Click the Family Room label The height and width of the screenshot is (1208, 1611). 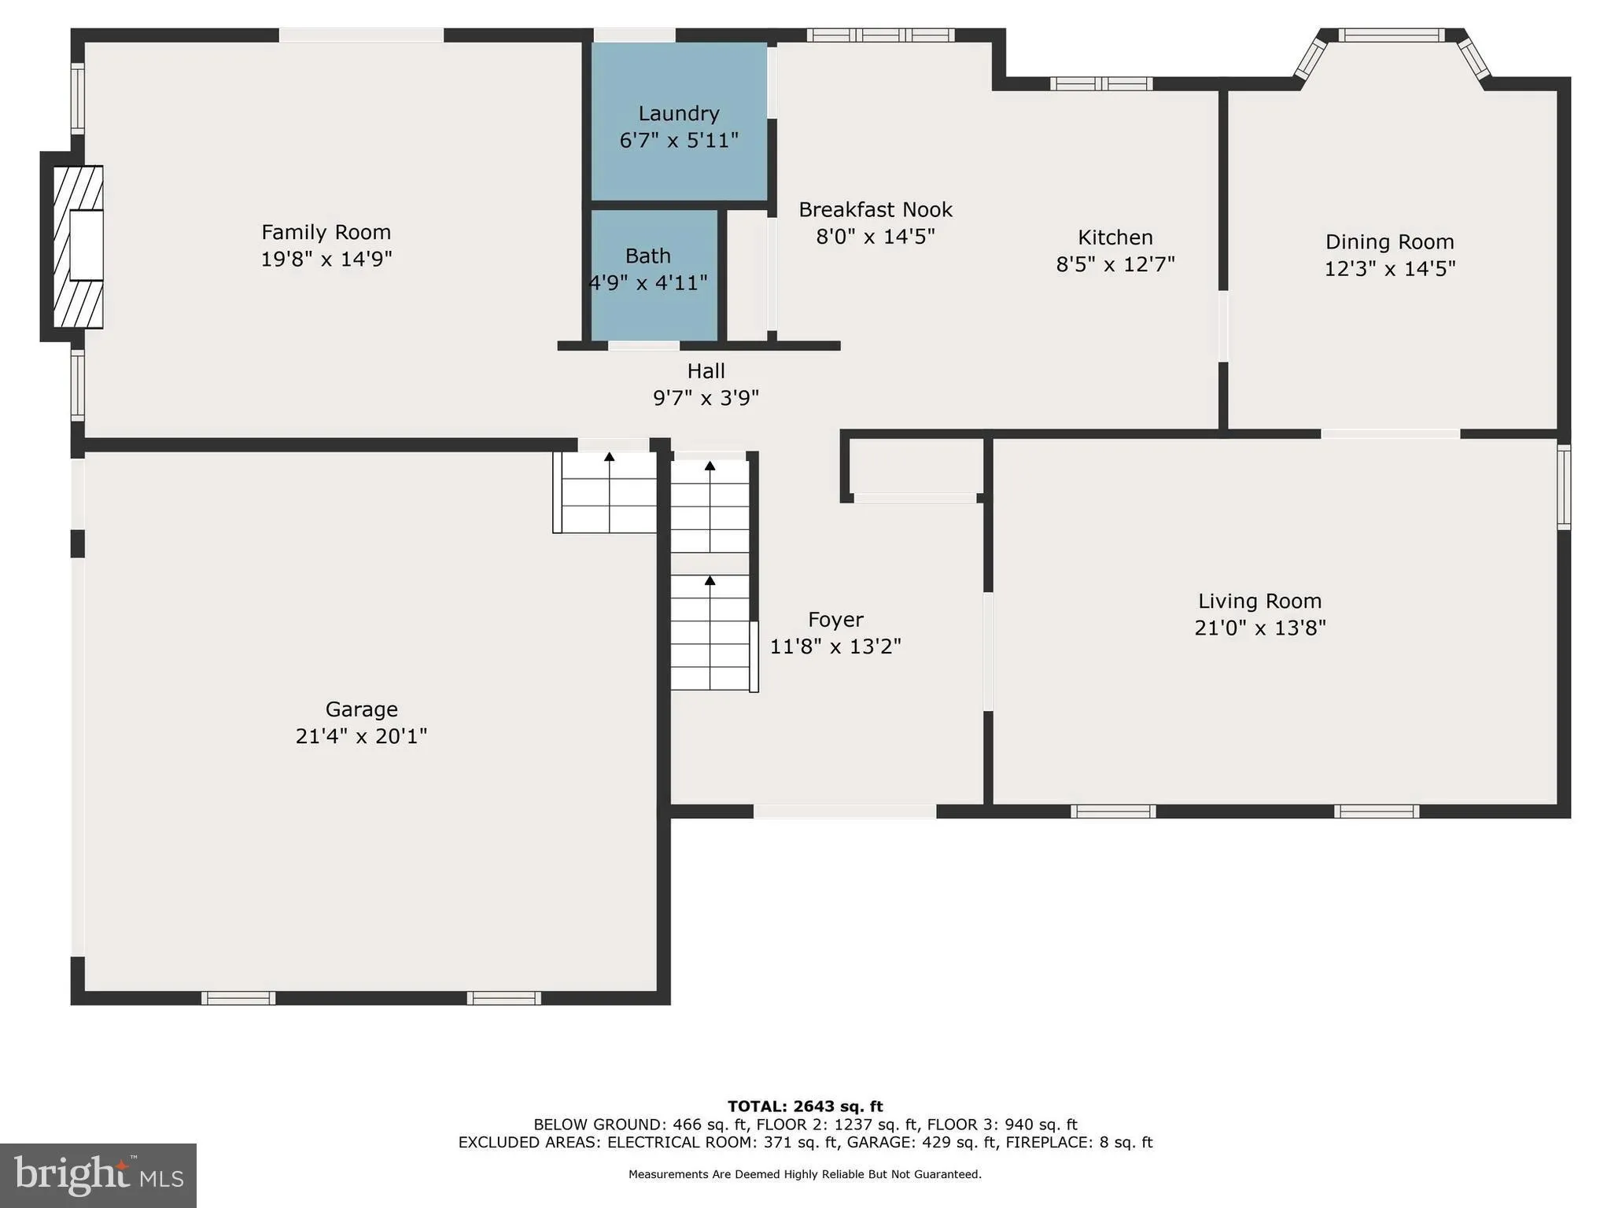click(x=326, y=232)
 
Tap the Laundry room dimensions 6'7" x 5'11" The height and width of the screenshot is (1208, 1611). click(x=678, y=141)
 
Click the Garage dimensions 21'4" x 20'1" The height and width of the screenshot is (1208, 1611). click(x=361, y=736)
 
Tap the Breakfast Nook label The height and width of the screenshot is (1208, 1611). click(x=875, y=210)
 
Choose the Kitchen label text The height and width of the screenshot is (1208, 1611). click(x=1115, y=238)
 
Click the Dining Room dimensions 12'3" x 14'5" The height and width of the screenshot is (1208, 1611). click(x=1389, y=269)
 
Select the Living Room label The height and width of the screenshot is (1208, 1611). click(x=1259, y=602)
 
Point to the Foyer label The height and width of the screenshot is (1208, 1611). click(x=835, y=620)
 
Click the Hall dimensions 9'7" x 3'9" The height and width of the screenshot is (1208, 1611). click(x=706, y=398)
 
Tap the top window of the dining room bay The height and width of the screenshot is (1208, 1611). click(x=1391, y=35)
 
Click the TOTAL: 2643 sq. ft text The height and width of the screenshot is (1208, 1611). click(x=805, y=1107)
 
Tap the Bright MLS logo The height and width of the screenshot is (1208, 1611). click(x=98, y=1175)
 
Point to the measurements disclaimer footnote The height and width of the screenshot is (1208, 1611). click(x=805, y=1174)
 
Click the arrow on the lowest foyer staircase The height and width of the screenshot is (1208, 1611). click(x=710, y=581)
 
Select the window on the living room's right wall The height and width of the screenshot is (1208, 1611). click(x=1564, y=487)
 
